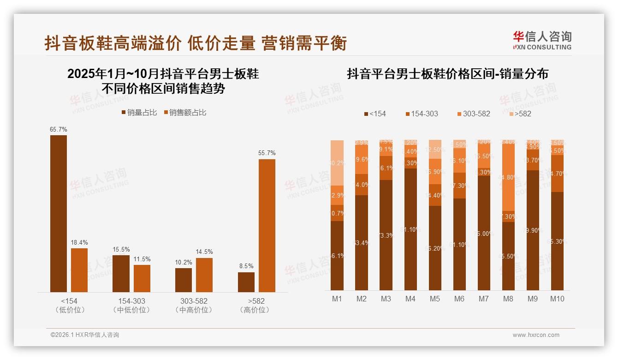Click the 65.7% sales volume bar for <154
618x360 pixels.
[59, 213]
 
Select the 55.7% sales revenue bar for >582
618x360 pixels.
[267, 225]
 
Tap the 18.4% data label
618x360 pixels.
[79, 242]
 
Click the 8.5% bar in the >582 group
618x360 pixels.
[246, 282]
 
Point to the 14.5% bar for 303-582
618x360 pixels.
[204, 275]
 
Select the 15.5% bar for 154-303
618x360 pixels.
[121, 273]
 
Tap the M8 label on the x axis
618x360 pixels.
[508, 299]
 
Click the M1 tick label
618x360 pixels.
[337, 299]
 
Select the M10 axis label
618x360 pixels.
[557, 299]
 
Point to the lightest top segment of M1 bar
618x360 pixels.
[337, 162]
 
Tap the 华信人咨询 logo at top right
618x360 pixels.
[542, 40]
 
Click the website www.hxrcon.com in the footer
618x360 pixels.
[536, 335]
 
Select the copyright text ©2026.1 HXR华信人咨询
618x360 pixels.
[85, 335]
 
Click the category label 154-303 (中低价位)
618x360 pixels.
[131, 306]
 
